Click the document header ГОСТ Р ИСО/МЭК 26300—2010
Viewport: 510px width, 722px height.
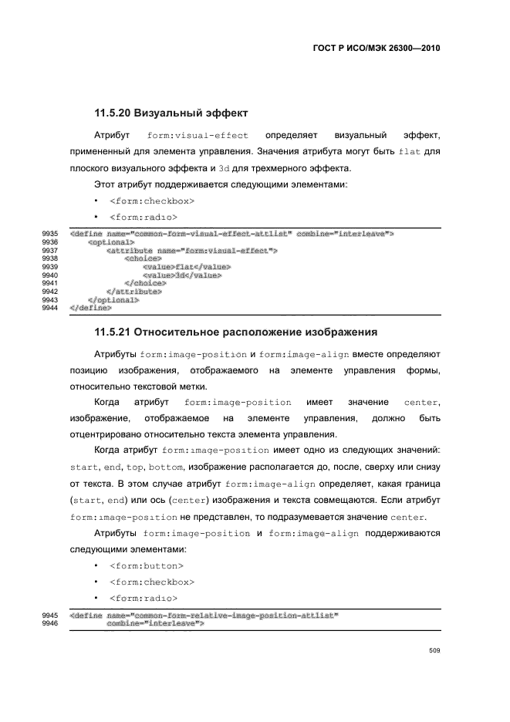tap(376, 47)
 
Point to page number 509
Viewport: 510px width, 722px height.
tap(434, 650)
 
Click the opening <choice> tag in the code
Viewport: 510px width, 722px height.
tap(143, 258)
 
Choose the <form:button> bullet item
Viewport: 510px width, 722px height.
tap(147, 565)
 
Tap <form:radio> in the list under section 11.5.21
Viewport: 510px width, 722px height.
tap(144, 599)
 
